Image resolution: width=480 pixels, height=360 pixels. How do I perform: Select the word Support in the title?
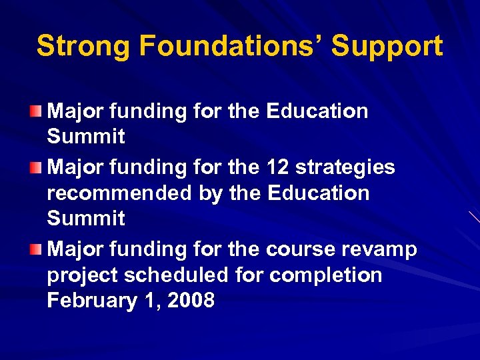[387, 46]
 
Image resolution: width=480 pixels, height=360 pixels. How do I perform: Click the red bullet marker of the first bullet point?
[41, 110]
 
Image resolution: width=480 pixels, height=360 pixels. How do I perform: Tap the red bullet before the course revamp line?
[41, 249]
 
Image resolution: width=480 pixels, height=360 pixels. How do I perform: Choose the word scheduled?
[178, 275]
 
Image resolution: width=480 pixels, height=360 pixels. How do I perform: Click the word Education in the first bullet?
[317, 111]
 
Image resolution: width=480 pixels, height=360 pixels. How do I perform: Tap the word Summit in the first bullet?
[86, 137]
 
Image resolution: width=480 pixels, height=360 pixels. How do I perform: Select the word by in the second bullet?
[211, 194]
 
